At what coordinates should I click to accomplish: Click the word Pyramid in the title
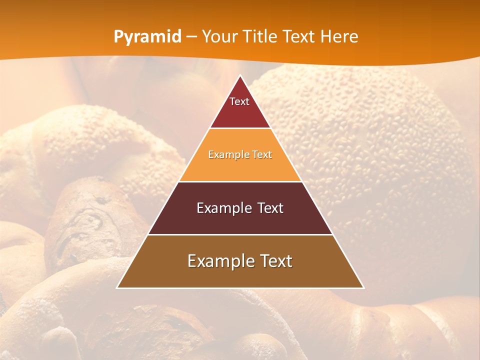(x=147, y=37)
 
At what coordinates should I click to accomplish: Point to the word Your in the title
(x=219, y=37)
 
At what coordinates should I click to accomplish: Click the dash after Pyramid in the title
(x=191, y=37)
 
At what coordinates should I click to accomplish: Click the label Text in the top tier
(x=239, y=101)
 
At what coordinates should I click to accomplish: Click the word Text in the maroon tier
(x=267, y=208)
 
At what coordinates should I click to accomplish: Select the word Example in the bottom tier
(x=217, y=261)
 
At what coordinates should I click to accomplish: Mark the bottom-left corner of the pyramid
(x=117, y=287)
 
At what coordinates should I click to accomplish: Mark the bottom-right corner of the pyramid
(x=363, y=287)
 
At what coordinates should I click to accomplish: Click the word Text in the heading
(x=299, y=37)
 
